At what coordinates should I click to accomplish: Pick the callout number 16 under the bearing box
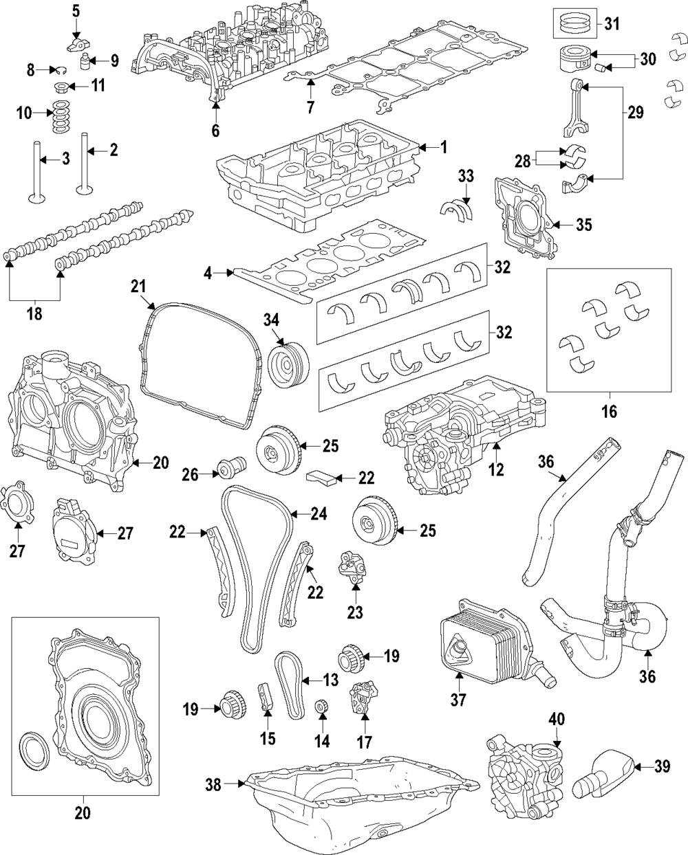tap(609, 412)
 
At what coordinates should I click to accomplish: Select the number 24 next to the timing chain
tap(319, 513)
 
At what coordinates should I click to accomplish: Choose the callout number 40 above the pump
tap(557, 719)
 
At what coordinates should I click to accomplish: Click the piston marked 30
tap(570, 58)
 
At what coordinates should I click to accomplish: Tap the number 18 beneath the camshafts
tap(34, 314)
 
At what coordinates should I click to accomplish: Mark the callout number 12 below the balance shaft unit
tap(495, 470)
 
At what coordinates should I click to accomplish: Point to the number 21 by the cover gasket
tap(140, 285)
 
